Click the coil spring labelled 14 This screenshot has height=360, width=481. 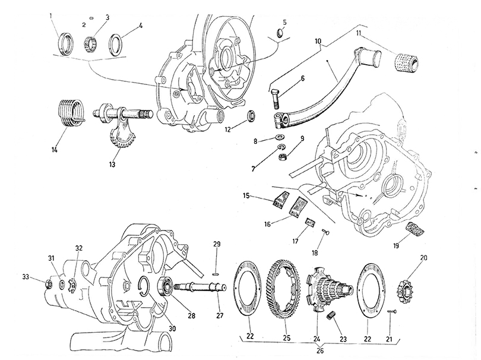71,113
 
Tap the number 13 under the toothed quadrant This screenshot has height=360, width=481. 112,165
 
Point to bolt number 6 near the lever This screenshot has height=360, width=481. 276,99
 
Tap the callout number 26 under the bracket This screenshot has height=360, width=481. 319,351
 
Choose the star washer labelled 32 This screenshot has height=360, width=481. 72,285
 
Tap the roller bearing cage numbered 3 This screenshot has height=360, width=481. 90,44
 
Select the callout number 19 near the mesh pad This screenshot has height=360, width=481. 396,245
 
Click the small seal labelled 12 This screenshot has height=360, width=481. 252,117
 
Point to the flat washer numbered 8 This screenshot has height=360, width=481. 280,136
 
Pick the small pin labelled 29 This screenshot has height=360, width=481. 217,274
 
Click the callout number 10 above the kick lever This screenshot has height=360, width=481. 318,41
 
